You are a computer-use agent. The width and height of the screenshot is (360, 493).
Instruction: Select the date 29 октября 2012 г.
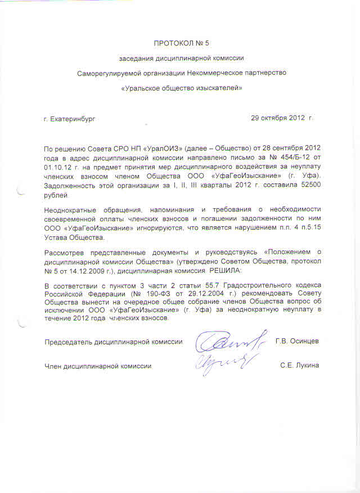(x=282, y=119)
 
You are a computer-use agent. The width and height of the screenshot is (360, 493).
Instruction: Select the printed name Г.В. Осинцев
(x=297, y=342)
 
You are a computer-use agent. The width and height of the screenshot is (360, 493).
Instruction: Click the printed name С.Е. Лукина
(x=299, y=366)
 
